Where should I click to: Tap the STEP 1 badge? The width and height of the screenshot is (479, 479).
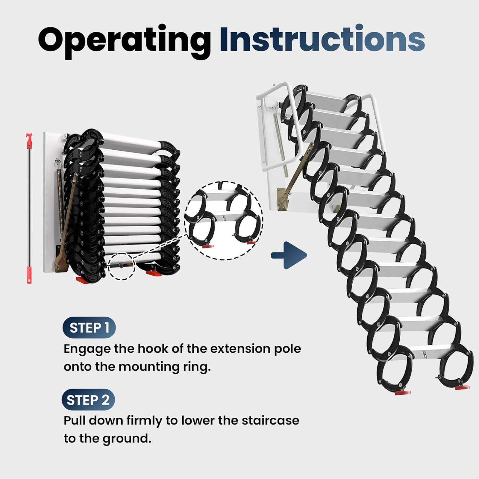click(x=89, y=328)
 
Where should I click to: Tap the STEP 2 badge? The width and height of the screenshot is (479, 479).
click(x=88, y=400)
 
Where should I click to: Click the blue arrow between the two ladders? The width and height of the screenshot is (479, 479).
click(x=289, y=255)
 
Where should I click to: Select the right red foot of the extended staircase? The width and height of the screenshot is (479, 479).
click(x=461, y=387)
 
